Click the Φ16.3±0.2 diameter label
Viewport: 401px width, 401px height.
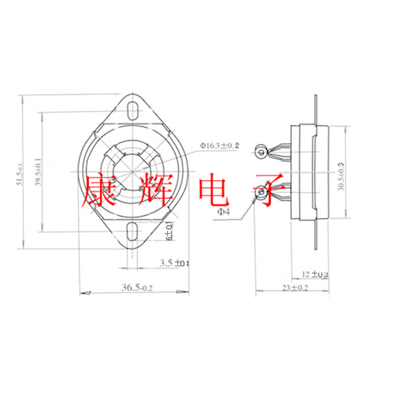tap(220, 145)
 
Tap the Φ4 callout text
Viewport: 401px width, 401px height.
tap(224, 212)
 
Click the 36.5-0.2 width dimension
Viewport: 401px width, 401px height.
tap(136, 287)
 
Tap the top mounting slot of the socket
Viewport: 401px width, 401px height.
tap(132, 110)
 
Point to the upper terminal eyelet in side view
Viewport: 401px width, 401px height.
tap(261, 152)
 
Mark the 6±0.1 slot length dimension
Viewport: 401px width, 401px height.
tap(170, 231)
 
